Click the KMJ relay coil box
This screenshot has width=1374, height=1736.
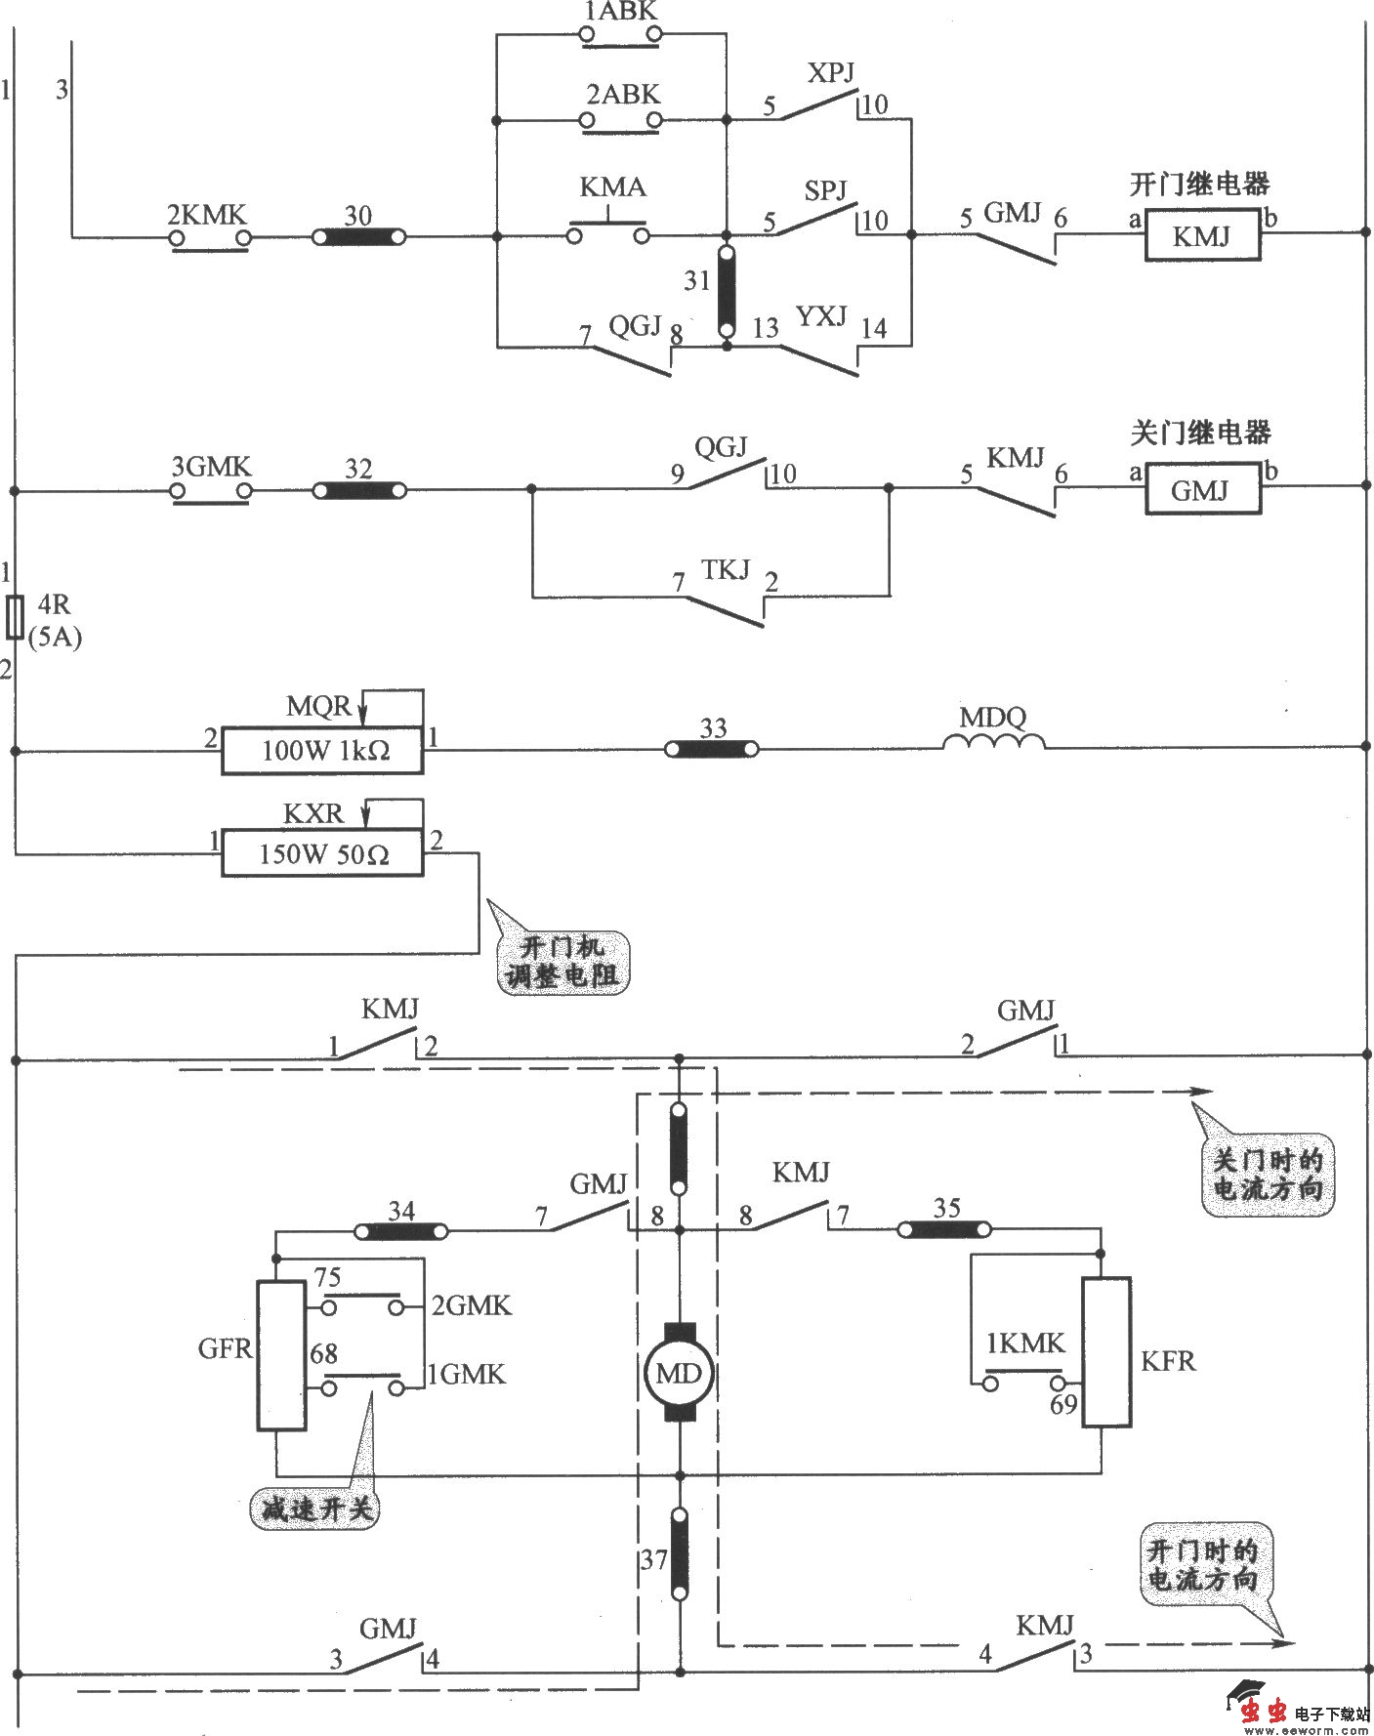pos(1202,237)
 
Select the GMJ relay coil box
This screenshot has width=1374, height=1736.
pos(1201,490)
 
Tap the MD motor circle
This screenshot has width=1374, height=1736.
pos(679,1375)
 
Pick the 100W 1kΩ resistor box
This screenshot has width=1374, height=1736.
pos(322,751)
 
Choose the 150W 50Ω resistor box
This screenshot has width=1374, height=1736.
pos(322,854)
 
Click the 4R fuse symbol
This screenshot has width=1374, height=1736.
pos(15,617)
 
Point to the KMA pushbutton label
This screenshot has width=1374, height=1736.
pos(612,187)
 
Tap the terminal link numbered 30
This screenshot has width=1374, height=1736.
pos(358,237)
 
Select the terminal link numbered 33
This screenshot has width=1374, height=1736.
pos(712,749)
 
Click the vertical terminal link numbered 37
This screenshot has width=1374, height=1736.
pos(680,1553)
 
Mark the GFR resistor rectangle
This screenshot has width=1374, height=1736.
pos(281,1355)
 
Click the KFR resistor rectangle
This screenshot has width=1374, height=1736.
pos(1106,1352)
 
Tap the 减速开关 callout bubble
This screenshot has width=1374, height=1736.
pos(315,1509)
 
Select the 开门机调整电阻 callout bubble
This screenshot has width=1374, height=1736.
pos(562,962)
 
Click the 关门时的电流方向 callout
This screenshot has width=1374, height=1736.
pos(1267,1175)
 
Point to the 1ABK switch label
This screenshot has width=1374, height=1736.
pos(621,12)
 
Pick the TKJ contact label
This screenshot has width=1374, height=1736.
pos(725,569)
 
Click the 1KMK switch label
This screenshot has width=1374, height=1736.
pos(1025,1343)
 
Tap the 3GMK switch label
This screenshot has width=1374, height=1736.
pos(211,467)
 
